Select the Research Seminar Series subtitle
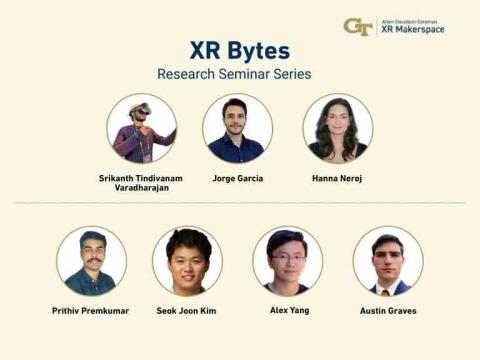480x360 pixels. click(x=233, y=74)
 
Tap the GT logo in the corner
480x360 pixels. click(x=357, y=27)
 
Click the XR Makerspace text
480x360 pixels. click(x=413, y=31)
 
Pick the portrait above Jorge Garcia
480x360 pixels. click(x=237, y=128)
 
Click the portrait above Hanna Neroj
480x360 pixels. click(x=337, y=128)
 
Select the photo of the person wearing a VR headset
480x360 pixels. click(x=141, y=128)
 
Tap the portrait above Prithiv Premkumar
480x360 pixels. click(x=91, y=260)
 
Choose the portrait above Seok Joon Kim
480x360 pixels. click(x=187, y=260)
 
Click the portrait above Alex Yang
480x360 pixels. click(x=287, y=260)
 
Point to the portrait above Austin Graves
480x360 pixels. click(x=387, y=260)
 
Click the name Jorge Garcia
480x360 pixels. click(x=237, y=178)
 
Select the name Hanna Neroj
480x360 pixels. click(x=337, y=178)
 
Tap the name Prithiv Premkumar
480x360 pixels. click(x=91, y=311)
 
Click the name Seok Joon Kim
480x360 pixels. click(x=187, y=311)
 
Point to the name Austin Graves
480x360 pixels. click(x=387, y=311)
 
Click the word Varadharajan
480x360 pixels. click(x=141, y=188)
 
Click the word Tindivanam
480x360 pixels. click(x=163, y=178)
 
